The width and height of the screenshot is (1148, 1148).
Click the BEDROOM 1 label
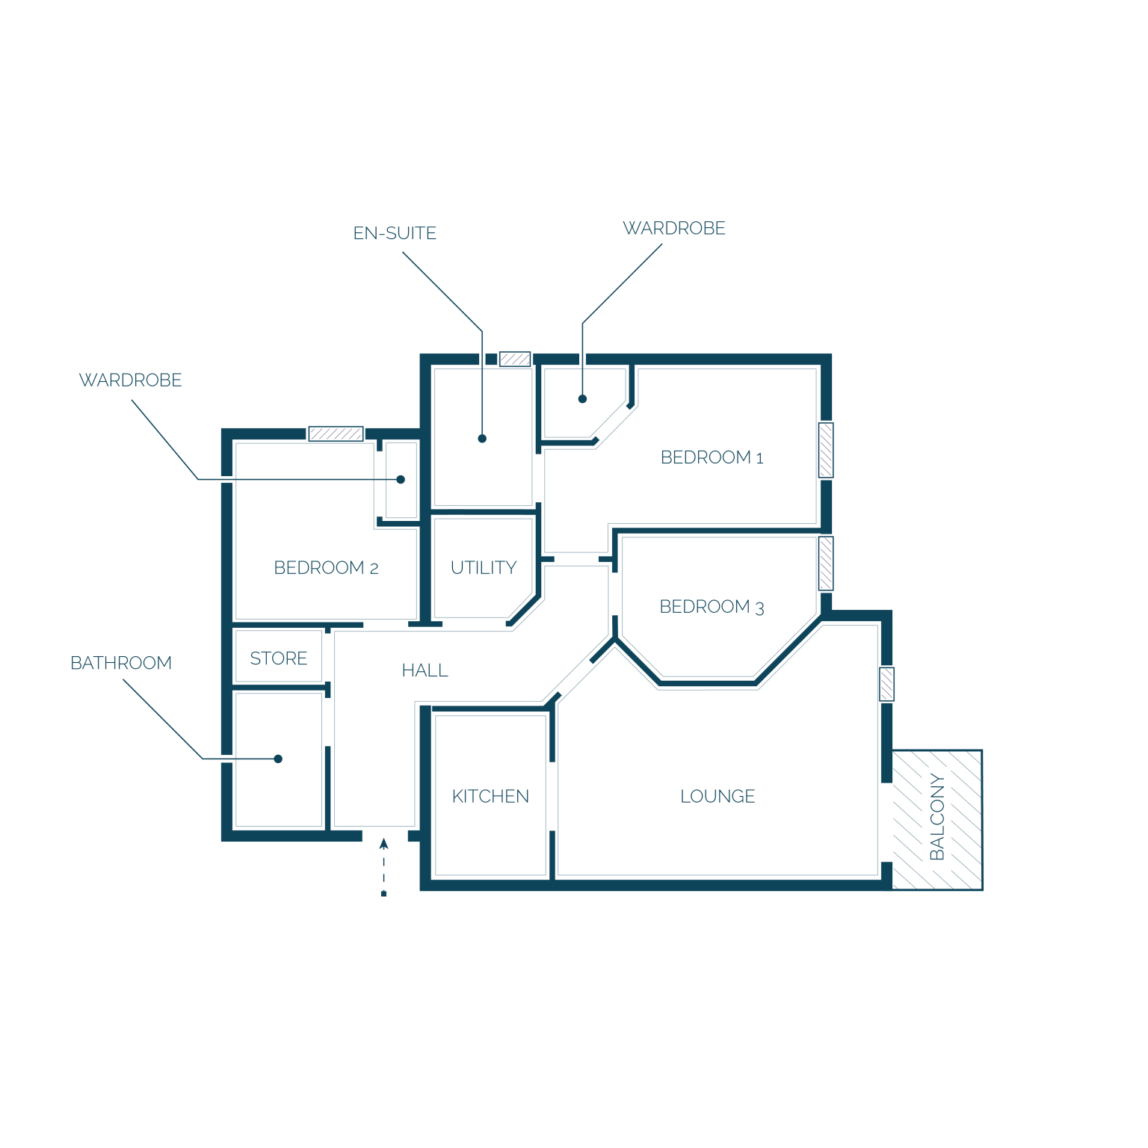tap(712, 457)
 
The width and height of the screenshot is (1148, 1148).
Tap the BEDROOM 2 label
tap(326, 568)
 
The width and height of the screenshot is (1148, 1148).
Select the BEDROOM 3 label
tap(712, 607)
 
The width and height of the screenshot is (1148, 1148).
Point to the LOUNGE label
tap(717, 797)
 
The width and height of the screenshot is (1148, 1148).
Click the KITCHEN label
tap(490, 797)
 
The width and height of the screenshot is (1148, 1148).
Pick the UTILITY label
tap(484, 568)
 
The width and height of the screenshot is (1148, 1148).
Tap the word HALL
tap(425, 671)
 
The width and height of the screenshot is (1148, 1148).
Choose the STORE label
tap(279, 658)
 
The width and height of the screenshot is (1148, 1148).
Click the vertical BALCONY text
tap(937, 818)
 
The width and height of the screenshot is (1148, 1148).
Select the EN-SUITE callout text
tap(395, 233)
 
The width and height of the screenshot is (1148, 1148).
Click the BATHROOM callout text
tap(121, 663)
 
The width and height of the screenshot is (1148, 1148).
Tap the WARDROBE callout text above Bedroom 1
tap(674, 228)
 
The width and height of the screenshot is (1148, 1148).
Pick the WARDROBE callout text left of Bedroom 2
tap(131, 380)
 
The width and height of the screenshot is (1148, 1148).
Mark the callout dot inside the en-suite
tap(482, 439)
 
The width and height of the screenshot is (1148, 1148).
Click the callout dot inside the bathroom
tap(278, 759)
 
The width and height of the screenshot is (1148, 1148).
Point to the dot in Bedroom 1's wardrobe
tap(582, 399)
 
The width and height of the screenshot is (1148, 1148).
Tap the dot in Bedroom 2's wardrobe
tap(401, 480)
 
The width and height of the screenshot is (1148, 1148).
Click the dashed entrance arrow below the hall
tap(383, 867)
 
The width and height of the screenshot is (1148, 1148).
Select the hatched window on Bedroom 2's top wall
tap(336, 434)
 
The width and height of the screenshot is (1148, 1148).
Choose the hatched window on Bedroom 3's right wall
tap(826, 564)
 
